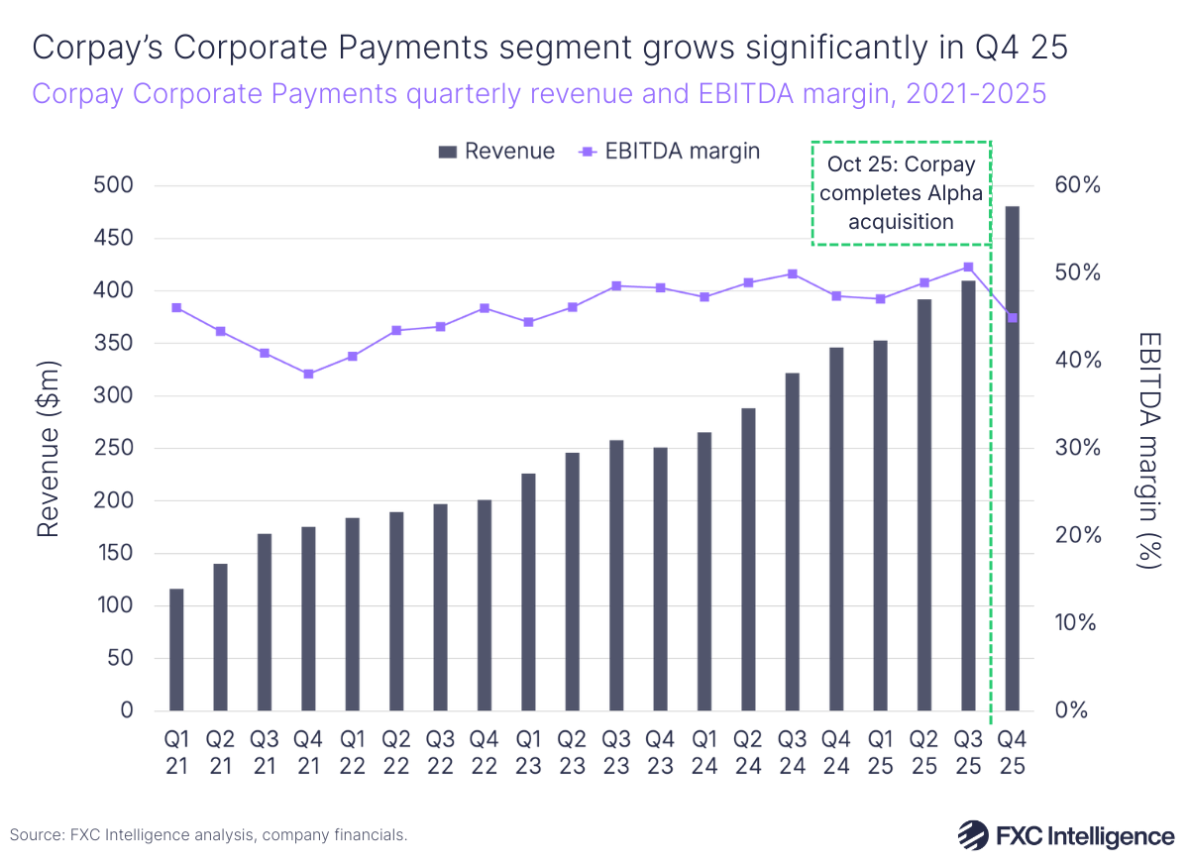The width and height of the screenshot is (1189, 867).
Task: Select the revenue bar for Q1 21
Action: pyautogui.click(x=176, y=649)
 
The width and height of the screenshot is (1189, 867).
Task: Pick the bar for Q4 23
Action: pyautogui.click(x=661, y=579)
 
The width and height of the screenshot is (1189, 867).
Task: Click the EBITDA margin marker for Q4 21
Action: pyautogui.click(x=308, y=374)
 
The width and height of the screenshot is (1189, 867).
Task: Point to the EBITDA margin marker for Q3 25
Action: pyautogui.click(x=968, y=267)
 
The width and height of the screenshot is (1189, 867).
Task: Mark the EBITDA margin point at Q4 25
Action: pyautogui.click(x=1013, y=317)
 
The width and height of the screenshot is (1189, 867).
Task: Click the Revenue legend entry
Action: pyautogui.click(x=496, y=152)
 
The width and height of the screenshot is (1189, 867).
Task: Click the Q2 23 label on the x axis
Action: pyautogui.click(x=572, y=753)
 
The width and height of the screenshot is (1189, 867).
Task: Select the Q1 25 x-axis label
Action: pyautogui.click(x=880, y=753)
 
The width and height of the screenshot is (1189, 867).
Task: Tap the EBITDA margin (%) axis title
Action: pyautogui.click(x=1148, y=448)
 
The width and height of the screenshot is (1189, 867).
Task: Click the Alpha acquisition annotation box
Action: pyautogui.click(x=901, y=192)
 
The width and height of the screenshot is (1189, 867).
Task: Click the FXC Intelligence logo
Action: pyautogui.click(x=1065, y=834)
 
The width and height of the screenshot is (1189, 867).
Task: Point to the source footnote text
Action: pyautogui.click(x=209, y=835)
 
